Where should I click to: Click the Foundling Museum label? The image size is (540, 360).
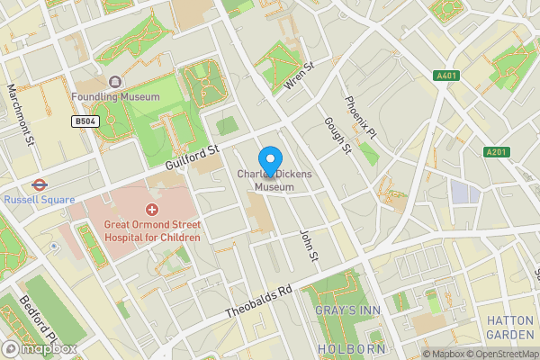pyautogui.click(x=115, y=96)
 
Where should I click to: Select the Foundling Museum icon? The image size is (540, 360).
pyautogui.click(x=115, y=81)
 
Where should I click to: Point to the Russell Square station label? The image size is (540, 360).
pyautogui.click(x=37, y=200)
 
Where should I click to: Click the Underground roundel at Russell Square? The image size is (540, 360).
pyautogui.click(x=38, y=183)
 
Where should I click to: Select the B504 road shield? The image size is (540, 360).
pyautogui.click(x=85, y=121)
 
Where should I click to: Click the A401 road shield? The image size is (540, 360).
pyautogui.click(x=445, y=76)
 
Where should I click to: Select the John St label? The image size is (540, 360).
pyautogui.click(x=309, y=245)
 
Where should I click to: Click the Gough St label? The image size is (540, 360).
pyautogui.click(x=337, y=134)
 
